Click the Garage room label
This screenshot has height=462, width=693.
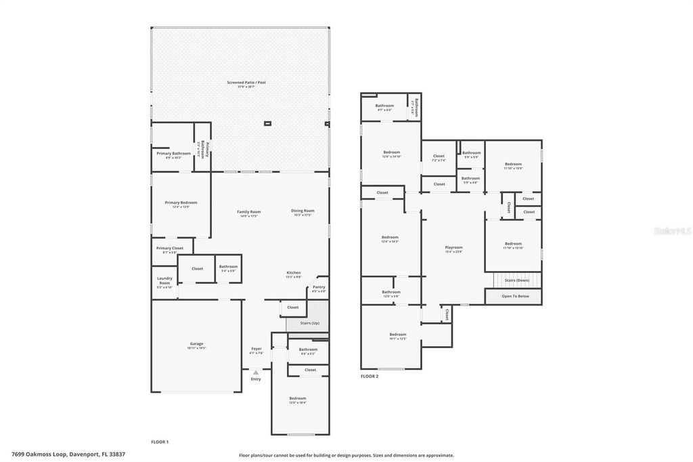(196, 344)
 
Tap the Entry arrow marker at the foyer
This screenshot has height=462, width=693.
(255, 373)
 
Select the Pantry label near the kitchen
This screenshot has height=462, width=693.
(318, 287)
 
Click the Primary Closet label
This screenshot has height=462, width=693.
(170, 249)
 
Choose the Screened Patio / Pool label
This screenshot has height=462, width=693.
(246, 83)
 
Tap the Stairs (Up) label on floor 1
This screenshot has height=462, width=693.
(309, 323)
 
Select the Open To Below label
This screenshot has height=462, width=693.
(515, 297)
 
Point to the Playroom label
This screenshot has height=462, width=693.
(453, 248)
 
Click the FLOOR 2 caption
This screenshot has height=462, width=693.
(370, 376)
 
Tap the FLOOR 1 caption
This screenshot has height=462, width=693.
(160, 442)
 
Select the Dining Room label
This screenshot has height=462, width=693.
(303, 211)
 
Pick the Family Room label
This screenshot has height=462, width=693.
(248, 212)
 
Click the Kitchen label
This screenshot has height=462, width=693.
(294, 273)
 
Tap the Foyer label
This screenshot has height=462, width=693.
(256, 350)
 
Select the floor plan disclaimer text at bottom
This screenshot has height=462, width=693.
(346, 455)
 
